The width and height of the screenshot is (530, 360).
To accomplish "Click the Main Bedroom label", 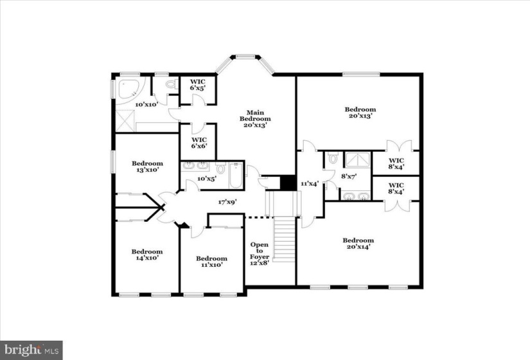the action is pyautogui.click(x=255, y=119).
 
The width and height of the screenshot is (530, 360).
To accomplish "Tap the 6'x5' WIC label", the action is pyautogui.click(x=198, y=85).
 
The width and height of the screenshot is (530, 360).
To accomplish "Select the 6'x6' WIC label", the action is pyautogui.click(x=199, y=143).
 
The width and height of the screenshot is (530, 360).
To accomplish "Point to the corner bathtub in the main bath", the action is pyautogui.click(x=130, y=89).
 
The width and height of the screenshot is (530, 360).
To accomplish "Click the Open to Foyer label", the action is pyautogui.click(x=260, y=254).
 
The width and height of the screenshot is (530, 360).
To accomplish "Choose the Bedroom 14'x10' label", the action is pyautogui.click(x=147, y=255).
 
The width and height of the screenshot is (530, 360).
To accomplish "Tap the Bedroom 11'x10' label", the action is pyautogui.click(x=211, y=262).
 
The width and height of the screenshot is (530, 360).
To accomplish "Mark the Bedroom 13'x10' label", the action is pyautogui.click(x=147, y=166).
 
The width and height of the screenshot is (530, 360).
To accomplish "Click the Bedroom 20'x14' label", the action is pyautogui.click(x=358, y=244).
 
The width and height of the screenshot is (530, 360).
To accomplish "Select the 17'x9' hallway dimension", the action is pyautogui.click(x=227, y=203).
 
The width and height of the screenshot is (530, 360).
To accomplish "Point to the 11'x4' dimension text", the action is pyautogui.click(x=310, y=184).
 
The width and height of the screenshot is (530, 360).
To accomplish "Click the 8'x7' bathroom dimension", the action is pyautogui.click(x=349, y=176).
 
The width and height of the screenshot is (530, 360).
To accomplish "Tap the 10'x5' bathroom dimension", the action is pyautogui.click(x=207, y=178).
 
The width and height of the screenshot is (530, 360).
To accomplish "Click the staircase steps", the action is pyautogui.click(x=284, y=239).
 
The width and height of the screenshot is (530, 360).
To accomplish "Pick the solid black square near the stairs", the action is pyautogui.click(x=288, y=183).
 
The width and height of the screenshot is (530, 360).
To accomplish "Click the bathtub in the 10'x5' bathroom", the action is pyautogui.click(x=236, y=175).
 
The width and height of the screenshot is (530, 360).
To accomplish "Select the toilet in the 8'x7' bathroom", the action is pyautogui.click(x=333, y=157).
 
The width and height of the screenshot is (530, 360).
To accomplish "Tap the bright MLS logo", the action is pyautogui.click(x=31, y=350).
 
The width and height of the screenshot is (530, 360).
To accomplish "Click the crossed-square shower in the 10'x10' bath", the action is pyautogui.click(x=125, y=121).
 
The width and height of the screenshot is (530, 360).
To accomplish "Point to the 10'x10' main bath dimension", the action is pyautogui.click(x=146, y=105).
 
